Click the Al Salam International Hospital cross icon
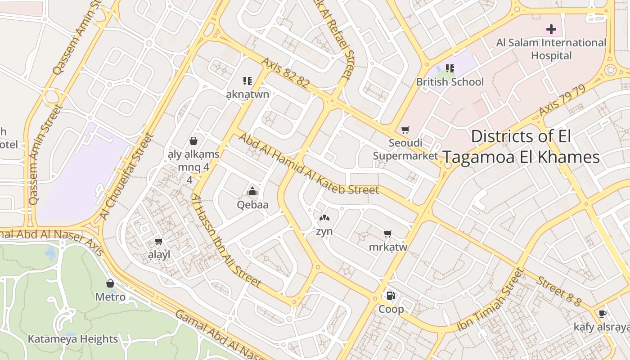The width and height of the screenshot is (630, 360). (551, 30)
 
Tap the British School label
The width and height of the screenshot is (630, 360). (450, 82)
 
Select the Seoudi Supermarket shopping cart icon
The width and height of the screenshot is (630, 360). (405, 130)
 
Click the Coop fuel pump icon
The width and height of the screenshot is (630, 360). (391, 296)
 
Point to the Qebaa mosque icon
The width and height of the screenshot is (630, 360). (252, 191)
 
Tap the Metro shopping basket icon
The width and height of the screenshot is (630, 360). (110, 283)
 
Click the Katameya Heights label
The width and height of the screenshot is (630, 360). (73, 339)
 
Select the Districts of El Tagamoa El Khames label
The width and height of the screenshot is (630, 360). (521, 147)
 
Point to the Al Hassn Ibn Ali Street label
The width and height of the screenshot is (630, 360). (226, 241)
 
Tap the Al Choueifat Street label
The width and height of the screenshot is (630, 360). (127, 176)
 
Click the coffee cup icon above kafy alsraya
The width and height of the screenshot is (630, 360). (603, 314)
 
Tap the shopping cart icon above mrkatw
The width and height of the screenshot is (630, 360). (387, 234)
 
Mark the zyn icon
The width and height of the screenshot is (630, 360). (324, 218)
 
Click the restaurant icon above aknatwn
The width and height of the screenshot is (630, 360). (247, 81)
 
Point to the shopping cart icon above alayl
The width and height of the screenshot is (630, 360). (158, 242)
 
